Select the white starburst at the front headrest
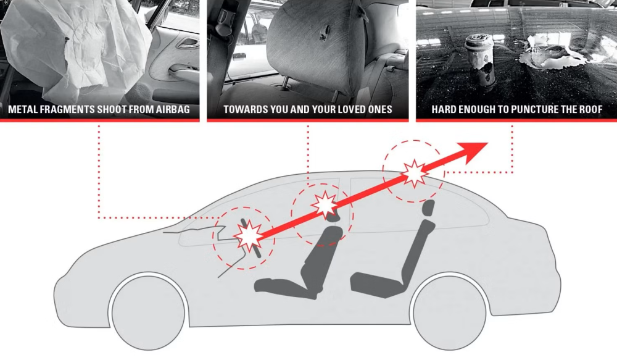point(324,205)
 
